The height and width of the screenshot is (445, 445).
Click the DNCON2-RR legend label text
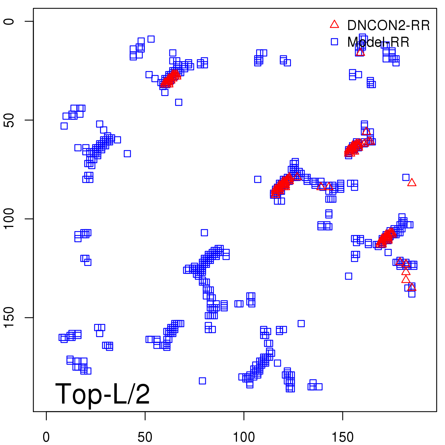click(x=388, y=26)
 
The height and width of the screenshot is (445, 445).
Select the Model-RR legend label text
click(x=378, y=42)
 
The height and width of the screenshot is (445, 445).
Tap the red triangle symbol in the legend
click(x=334, y=24)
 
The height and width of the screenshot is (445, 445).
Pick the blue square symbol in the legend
click(x=334, y=42)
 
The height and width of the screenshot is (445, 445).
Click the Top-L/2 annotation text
click(x=103, y=394)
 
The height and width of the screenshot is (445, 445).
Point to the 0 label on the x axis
click(x=46, y=437)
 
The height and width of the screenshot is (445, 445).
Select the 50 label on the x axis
click(x=145, y=437)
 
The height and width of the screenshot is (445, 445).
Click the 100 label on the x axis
click(x=244, y=437)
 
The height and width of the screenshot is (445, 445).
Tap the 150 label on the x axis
click(x=343, y=437)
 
